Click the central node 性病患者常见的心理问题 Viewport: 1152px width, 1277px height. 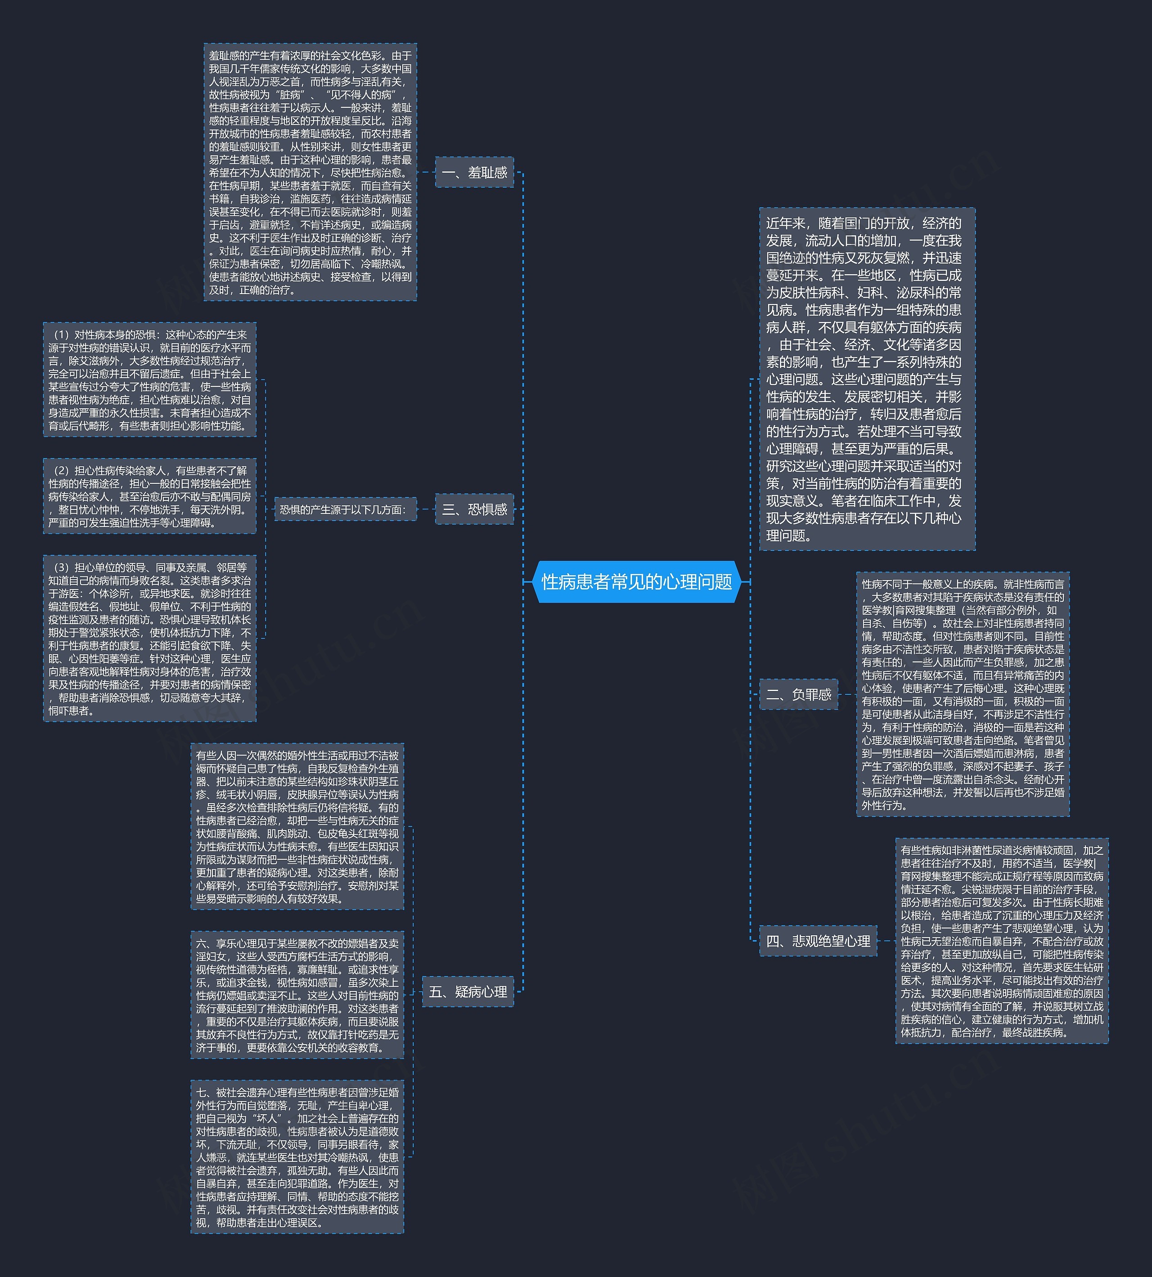637,582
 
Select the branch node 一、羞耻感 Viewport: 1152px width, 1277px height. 474,173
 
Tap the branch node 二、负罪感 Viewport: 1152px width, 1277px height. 798,694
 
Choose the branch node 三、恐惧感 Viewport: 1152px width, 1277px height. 474,509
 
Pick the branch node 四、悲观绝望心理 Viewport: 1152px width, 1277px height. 818,941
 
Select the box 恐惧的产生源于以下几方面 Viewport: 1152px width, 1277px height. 346,509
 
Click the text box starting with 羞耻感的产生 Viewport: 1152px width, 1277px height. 310,172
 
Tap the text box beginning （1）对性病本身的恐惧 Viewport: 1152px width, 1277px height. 149,380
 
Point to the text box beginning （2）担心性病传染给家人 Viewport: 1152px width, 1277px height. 149,496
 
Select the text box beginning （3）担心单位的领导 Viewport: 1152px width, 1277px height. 149,638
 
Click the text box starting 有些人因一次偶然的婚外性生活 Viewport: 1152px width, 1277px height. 297,826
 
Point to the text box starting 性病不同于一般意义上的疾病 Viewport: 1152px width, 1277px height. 963,694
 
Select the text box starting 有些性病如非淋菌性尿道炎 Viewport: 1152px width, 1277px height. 1001,941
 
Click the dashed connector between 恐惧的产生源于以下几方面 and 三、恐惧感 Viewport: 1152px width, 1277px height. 426,509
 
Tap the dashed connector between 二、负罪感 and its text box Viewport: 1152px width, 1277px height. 847,694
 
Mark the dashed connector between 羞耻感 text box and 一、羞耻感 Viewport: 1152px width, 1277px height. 426,172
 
